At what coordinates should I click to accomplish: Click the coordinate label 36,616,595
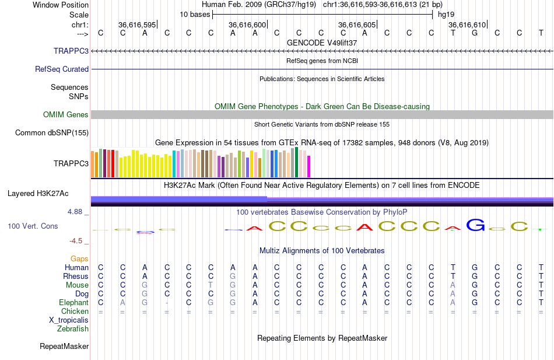click(137, 25)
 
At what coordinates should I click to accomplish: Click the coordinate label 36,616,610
click(467, 25)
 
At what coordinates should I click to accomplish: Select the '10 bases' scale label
click(194, 14)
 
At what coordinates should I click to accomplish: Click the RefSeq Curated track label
click(62, 69)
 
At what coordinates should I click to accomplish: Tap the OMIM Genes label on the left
click(66, 115)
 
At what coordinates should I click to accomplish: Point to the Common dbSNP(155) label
click(51, 133)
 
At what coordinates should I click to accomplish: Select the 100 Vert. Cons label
click(33, 226)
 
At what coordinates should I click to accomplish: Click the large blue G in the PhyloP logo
click(476, 225)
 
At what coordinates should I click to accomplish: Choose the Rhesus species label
click(76, 276)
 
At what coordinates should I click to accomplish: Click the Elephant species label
click(73, 302)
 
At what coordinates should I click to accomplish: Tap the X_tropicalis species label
click(69, 320)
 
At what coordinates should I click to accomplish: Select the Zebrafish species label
click(73, 328)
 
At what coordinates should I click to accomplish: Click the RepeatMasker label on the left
click(64, 347)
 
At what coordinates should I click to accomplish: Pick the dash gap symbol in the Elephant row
click(167, 303)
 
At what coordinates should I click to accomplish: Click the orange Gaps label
click(79, 258)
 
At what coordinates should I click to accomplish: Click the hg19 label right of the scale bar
click(446, 14)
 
